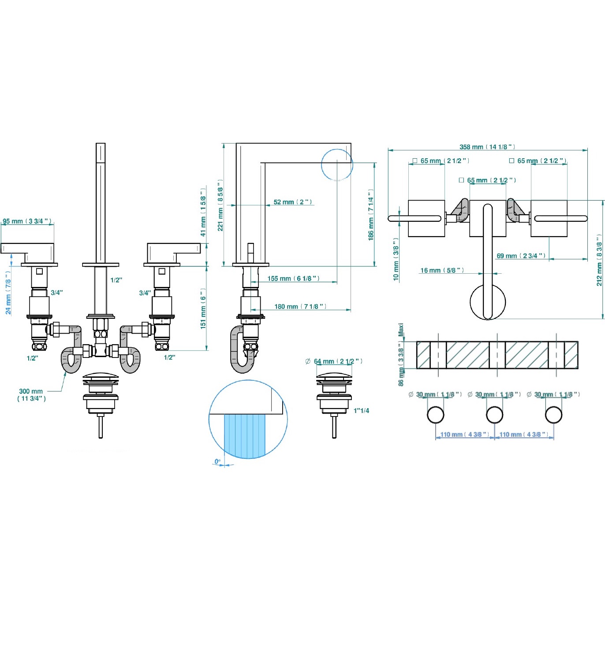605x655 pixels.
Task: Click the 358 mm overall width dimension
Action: click(487, 147)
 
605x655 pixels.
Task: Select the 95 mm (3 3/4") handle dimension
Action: click(27, 221)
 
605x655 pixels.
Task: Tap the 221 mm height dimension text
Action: click(220, 205)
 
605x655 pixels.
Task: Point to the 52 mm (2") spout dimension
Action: click(293, 202)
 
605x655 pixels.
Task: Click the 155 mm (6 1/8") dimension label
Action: click(293, 279)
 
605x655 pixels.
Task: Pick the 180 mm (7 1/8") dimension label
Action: click(300, 306)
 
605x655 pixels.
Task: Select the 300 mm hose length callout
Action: click(31, 394)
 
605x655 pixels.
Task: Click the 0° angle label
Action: click(217, 461)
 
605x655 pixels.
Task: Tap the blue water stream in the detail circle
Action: click(245, 434)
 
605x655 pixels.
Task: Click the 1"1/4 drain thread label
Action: click(361, 410)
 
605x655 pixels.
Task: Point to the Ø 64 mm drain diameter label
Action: click(334, 361)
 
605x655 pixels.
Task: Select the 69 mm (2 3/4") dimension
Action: click(521, 256)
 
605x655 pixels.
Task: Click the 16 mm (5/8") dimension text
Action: click(442, 270)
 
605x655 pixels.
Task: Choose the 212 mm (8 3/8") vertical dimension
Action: click(599, 260)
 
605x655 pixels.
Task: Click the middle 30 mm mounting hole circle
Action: click(494, 415)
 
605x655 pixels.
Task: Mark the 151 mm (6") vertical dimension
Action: click(203, 309)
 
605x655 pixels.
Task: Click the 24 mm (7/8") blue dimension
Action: click(8, 293)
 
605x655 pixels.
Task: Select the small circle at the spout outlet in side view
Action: click(337, 165)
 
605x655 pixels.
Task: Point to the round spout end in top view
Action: click(488, 302)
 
